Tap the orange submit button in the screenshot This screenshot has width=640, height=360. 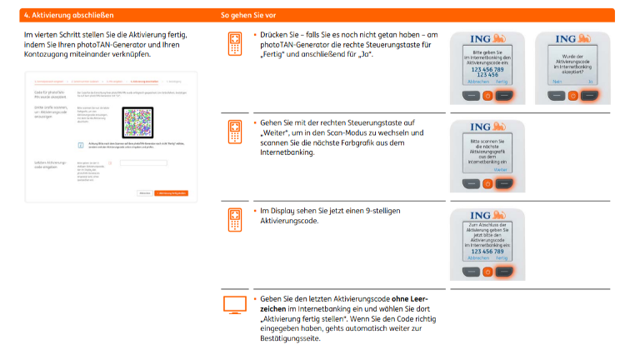171,193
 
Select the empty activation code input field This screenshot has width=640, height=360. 143,162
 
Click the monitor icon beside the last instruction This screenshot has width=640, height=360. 235,304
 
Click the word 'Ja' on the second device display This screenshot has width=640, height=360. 590,82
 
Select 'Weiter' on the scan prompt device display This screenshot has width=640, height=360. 500,169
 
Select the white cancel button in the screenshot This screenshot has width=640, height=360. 144,193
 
